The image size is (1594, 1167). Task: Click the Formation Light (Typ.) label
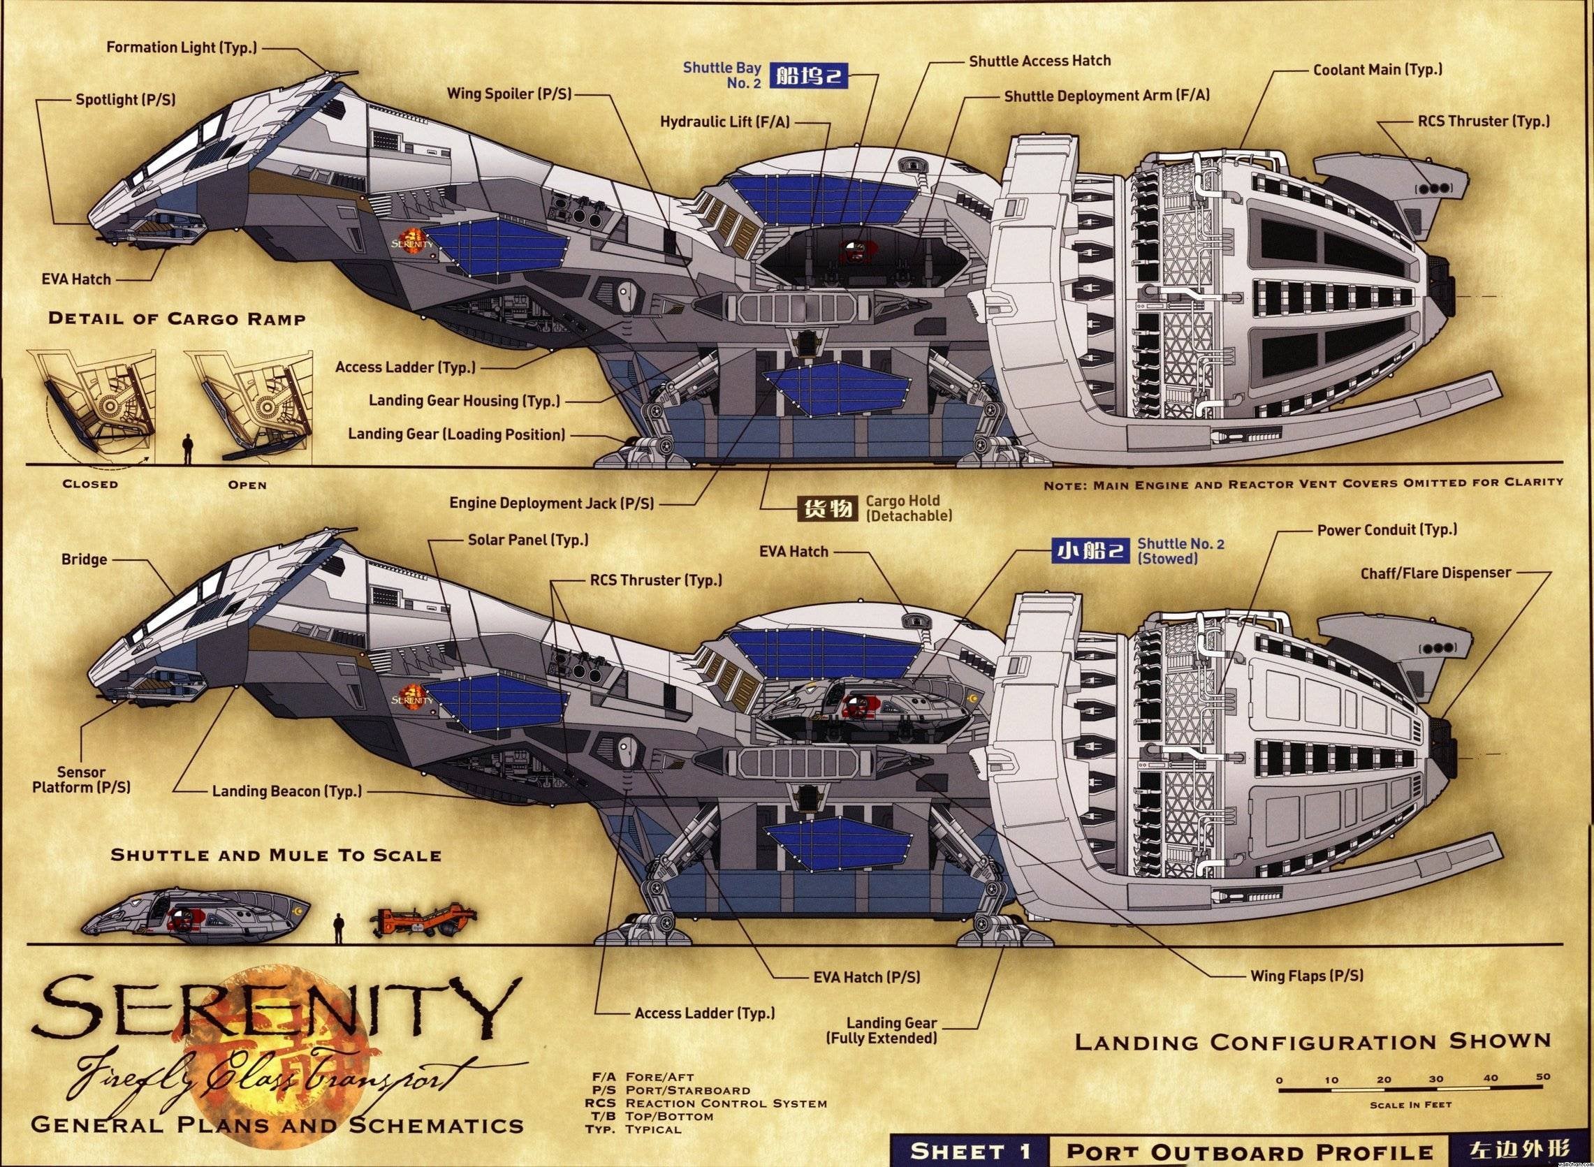[x=182, y=48]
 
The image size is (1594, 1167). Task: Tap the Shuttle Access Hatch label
[x=1039, y=61]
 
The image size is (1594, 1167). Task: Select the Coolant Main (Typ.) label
[x=1377, y=70]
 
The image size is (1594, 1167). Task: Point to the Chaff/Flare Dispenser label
[x=1435, y=573]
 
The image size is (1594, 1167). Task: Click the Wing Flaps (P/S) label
[x=1306, y=976]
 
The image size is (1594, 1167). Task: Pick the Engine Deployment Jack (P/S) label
[x=551, y=504]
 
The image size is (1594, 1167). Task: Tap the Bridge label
[x=84, y=559]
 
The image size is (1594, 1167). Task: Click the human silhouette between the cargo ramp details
[x=187, y=448]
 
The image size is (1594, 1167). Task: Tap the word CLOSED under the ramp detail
[x=90, y=485]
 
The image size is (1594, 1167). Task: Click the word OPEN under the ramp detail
[x=247, y=485]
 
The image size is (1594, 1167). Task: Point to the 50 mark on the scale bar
[x=1543, y=1078]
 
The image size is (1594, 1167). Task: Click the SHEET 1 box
[x=970, y=1151]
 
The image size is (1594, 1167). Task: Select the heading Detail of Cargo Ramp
[x=177, y=318]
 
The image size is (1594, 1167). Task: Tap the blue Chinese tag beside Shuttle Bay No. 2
[x=808, y=75]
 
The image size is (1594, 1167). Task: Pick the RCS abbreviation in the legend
[x=600, y=1103]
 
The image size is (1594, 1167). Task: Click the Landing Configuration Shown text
[x=1312, y=1042]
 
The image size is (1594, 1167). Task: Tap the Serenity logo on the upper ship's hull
[x=411, y=240]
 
